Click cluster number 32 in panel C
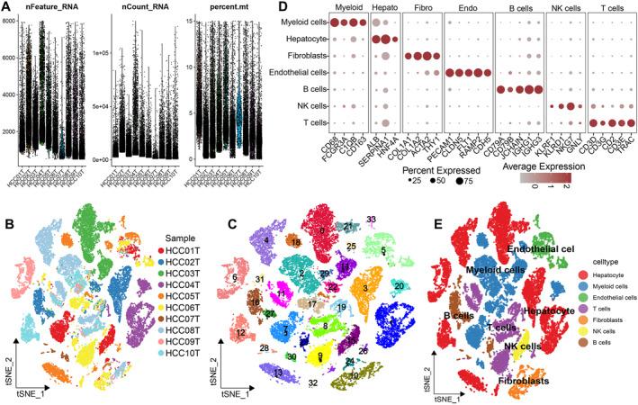click(312, 382)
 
